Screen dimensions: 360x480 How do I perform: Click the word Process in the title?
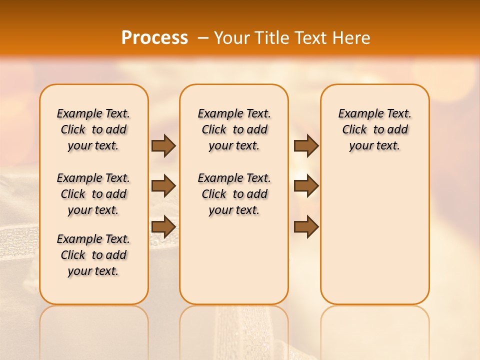(x=154, y=38)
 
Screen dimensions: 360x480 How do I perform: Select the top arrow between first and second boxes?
(x=163, y=146)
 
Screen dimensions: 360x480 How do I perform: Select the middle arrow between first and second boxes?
(x=163, y=186)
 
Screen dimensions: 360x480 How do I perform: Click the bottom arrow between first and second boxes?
(x=163, y=226)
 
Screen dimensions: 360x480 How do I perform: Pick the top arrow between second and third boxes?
(x=306, y=146)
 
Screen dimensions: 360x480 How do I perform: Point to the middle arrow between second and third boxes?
(x=306, y=186)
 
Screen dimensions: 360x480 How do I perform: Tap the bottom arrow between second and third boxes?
(x=306, y=226)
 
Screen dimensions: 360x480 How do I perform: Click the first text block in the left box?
(x=93, y=129)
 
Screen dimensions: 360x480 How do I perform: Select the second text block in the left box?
(x=93, y=194)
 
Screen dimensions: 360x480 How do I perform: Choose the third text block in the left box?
(x=93, y=255)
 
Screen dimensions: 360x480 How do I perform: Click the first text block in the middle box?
(x=234, y=129)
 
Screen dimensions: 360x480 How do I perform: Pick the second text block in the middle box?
(x=234, y=194)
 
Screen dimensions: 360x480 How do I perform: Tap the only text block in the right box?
(x=375, y=129)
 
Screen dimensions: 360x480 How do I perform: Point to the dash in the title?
(x=203, y=38)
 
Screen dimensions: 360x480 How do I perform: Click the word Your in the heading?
(x=231, y=38)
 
